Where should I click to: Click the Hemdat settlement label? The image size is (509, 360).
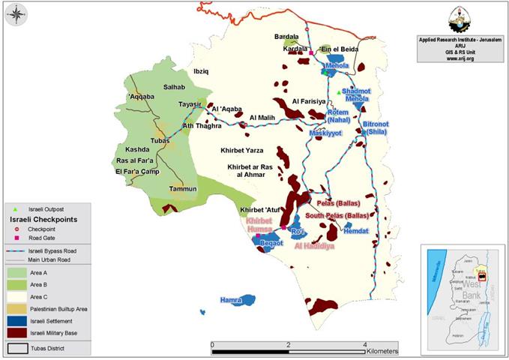[x=357, y=231]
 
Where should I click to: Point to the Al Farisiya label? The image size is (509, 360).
[x=309, y=100]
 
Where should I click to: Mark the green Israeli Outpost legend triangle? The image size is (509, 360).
[x=16, y=208]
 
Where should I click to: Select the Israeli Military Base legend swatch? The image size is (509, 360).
[x=16, y=332]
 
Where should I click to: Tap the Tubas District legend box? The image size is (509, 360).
[x=16, y=348]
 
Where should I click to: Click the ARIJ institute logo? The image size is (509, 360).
[x=457, y=16]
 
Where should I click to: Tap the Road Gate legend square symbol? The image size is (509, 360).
[x=16, y=237]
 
